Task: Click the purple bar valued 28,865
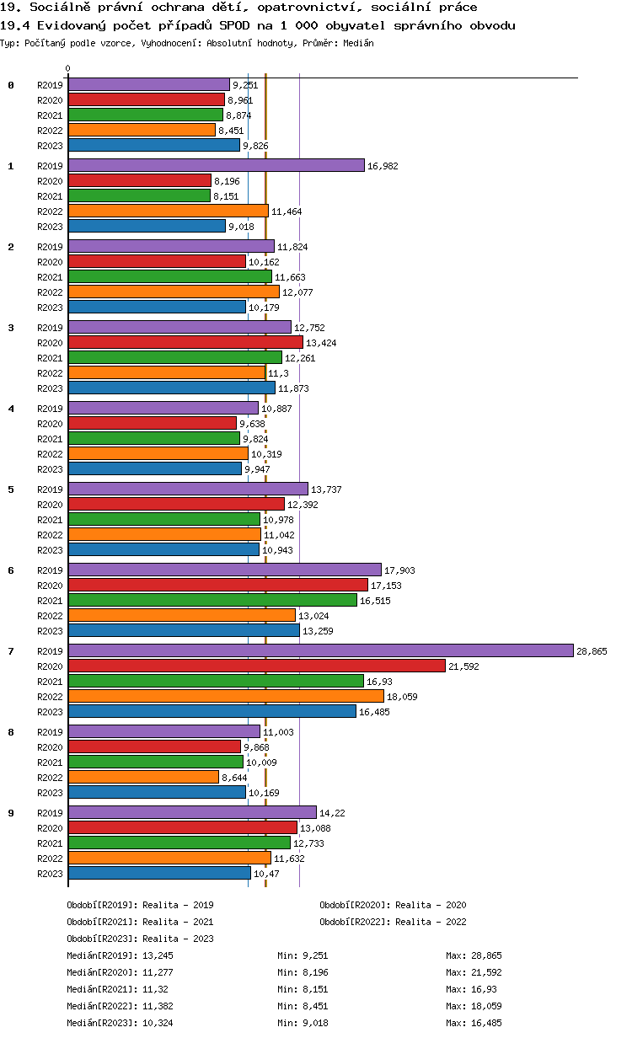click(x=320, y=650)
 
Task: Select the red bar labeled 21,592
click(x=256, y=666)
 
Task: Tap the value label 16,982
click(x=383, y=166)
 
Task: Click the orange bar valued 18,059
click(x=226, y=696)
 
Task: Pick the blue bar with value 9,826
click(x=154, y=145)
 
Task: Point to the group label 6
click(x=11, y=570)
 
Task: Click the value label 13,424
click(x=321, y=343)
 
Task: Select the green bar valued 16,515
click(x=212, y=600)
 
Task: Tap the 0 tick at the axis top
click(x=68, y=69)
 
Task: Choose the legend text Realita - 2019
click(x=178, y=905)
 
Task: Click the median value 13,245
click(x=158, y=955)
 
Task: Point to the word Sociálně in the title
click(x=57, y=7)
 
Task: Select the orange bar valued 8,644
click(x=143, y=777)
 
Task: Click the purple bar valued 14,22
click(x=192, y=812)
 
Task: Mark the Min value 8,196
click(x=311, y=972)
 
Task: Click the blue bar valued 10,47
click(x=159, y=873)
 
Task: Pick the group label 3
click(x=11, y=328)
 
